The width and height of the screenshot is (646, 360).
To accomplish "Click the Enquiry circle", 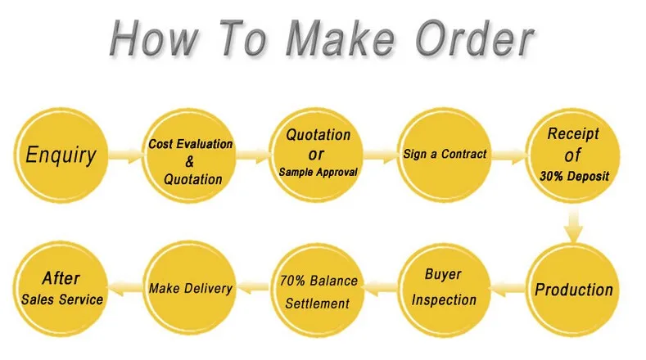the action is [61, 155].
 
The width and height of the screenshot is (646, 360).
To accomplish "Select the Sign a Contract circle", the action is [444, 155].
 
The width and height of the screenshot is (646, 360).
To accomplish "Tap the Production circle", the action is [573, 290].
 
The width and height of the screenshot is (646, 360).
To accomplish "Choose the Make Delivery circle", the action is [190, 288].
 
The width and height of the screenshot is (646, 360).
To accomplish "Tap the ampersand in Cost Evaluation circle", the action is [189, 161].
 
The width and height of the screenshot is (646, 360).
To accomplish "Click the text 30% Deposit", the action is [574, 176].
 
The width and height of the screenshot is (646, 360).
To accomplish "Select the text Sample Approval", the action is [318, 172].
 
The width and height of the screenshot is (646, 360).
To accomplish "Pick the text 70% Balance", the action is [318, 281].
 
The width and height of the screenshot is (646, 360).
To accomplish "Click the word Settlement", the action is [317, 304].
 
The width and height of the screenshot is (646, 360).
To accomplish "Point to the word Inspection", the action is [444, 299].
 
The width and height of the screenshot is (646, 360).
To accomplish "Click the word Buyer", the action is [443, 274].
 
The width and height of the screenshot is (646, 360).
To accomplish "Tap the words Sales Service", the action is [61, 299].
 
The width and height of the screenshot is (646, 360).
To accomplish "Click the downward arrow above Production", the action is [573, 226].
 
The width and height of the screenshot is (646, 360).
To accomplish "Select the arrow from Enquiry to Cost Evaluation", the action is [126, 155].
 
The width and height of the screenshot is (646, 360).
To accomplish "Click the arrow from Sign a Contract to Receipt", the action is [509, 155].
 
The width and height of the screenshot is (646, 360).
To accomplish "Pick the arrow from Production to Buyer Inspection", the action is [508, 288].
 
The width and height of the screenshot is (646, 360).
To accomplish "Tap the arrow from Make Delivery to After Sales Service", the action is [124, 287].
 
